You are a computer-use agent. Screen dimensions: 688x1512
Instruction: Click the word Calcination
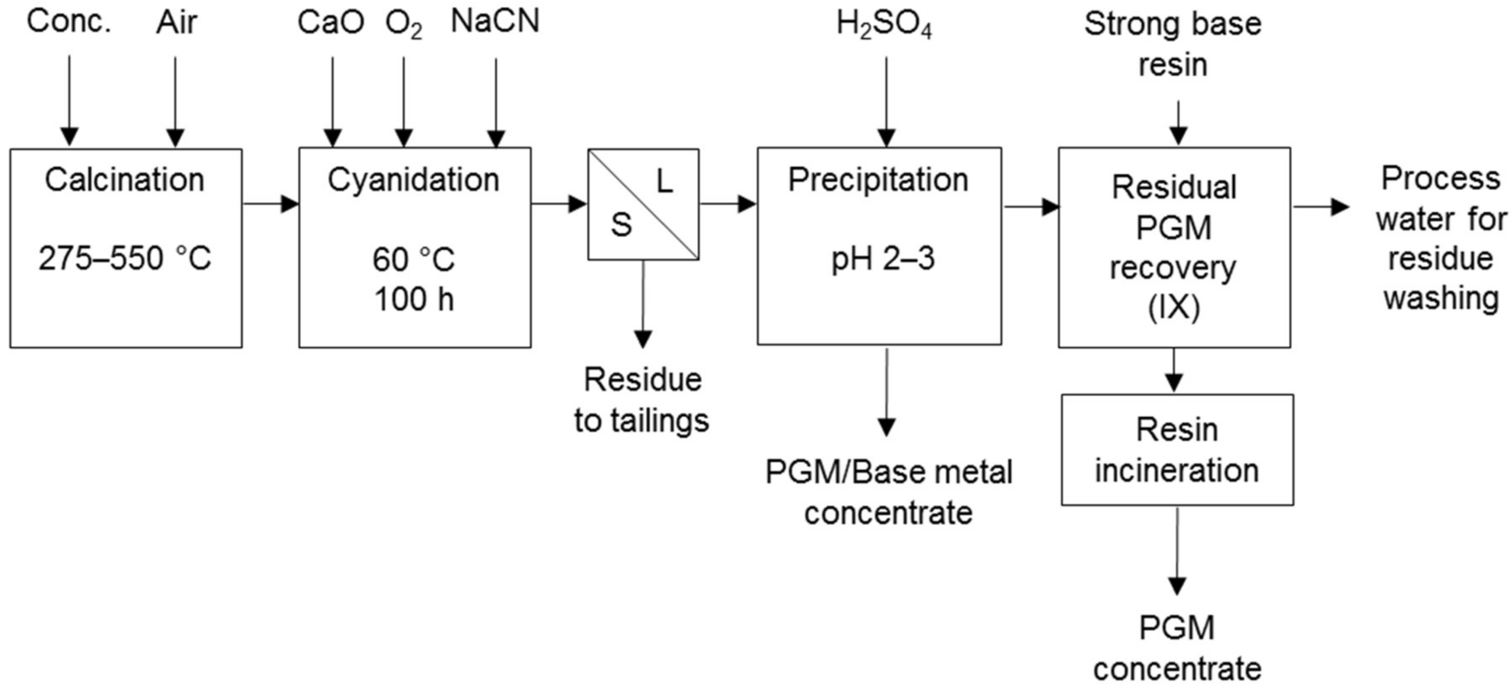[x=124, y=180]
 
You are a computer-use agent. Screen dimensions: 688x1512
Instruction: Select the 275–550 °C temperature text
[x=124, y=258]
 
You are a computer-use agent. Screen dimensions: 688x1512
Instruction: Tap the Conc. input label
[x=69, y=22]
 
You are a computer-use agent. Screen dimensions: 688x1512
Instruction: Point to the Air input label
[x=177, y=23]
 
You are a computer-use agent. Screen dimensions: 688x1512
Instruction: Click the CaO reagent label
[x=331, y=23]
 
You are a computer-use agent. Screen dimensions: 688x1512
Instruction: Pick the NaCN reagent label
[x=495, y=22]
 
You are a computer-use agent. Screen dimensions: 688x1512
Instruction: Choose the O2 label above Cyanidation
[x=404, y=24]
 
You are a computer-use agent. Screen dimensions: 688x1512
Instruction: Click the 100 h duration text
[x=414, y=299]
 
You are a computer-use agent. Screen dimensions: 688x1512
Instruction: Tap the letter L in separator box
[x=664, y=181]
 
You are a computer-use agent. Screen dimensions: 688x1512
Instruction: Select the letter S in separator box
[x=621, y=225]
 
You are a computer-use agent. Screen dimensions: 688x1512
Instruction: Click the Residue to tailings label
[x=642, y=400]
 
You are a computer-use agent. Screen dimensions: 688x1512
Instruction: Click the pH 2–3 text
[x=883, y=258]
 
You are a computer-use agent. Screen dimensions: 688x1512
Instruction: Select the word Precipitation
[x=878, y=180]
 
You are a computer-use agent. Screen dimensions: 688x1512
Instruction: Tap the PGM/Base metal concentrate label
[x=888, y=492]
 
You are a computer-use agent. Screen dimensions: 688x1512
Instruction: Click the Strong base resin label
[x=1172, y=44]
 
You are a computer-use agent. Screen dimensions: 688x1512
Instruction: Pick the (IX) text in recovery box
[x=1174, y=308]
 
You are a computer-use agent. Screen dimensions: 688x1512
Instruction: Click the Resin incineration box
[x=1177, y=449]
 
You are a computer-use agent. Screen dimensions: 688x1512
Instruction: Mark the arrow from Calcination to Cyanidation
[x=270, y=204]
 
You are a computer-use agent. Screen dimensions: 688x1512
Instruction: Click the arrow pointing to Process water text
[x=1321, y=207]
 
